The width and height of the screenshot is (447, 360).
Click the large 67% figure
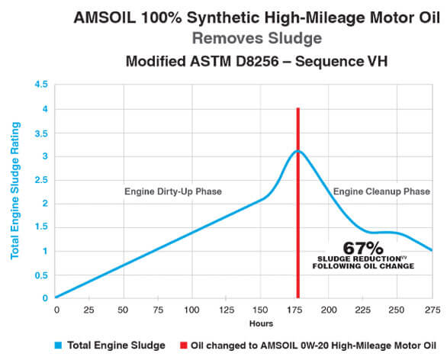click(358, 247)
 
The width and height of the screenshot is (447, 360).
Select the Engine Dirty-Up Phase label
click(173, 191)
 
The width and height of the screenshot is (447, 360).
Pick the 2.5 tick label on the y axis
click(40, 180)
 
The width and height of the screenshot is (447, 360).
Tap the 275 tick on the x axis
click(432, 310)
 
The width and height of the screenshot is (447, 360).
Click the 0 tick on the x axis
click(56, 310)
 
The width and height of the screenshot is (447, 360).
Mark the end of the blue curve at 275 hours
click(432, 250)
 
